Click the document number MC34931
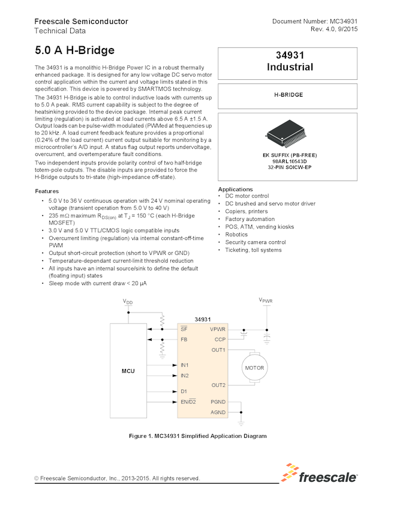click(315, 22)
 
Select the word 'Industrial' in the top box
click(290, 67)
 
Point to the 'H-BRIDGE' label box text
click(288, 95)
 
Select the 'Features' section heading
click(47, 191)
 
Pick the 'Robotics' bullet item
click(236, 235)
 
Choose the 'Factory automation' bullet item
click(251, 219)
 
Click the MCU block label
click(128, 371)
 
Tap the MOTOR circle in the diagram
click(252, 368)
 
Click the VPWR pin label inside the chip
click(218, 329)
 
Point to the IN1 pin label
click(185, 365)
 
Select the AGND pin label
click(218, 412)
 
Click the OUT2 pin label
click(218, 385)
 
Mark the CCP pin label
click(219, 339)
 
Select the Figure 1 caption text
click(198, 436)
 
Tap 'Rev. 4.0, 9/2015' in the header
click(334, 29)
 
